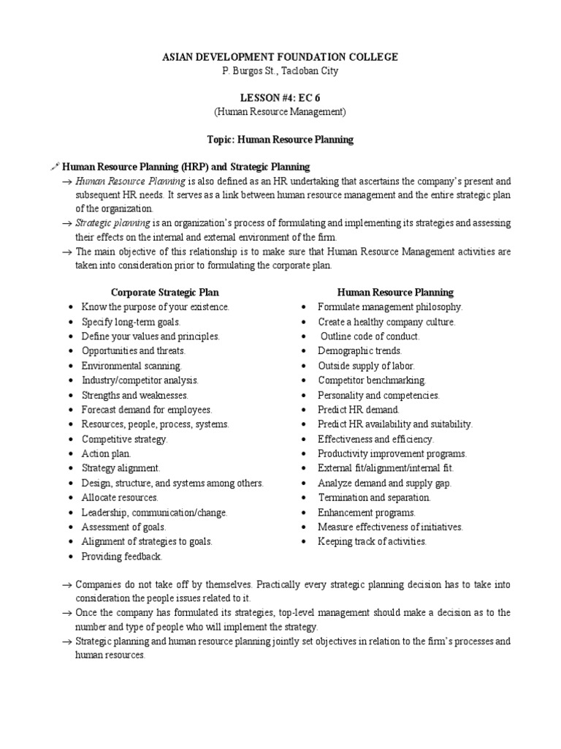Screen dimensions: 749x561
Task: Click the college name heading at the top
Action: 280,57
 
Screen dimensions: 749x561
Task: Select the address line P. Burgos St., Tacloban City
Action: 280,71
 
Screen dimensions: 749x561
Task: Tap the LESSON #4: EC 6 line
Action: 280,98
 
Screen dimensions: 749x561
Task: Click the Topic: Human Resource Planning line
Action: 280,139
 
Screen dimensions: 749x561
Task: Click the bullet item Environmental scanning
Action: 132,366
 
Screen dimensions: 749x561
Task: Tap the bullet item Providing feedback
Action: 122,556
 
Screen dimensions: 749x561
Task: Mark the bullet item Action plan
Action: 107,453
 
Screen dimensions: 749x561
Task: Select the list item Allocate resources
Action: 120,497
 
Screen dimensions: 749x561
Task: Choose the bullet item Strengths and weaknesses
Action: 134,395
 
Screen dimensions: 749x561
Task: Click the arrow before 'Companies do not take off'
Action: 66,585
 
